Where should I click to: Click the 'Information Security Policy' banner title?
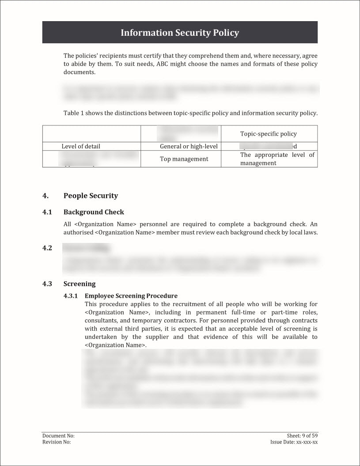[x=180, y=33]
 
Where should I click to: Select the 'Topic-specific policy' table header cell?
[x=268, y=134]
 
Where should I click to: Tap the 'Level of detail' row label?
[x=81, y=146]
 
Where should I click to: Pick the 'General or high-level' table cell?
[x=189, y=146]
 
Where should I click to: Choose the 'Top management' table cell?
[x=184, y=159]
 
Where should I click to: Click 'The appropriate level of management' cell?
[x=277, y=159]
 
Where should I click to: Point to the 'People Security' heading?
[x=91, y=196]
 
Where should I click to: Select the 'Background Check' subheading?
[x=94, y=212]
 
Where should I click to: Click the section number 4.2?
[x=47, y=248]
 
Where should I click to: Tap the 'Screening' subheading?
[x=80, y=284]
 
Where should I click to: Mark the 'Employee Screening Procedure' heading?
[x=131, y=296]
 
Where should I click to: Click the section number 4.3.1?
[x=71, y=296]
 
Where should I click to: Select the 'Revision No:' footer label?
[x=57, y=442]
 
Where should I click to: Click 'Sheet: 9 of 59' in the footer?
[x=302, y=436]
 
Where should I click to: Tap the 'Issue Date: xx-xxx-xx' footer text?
[x=294, y=442]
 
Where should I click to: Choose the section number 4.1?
[x=47, y=212]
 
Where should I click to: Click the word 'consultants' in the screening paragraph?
[x=100, y=321]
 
